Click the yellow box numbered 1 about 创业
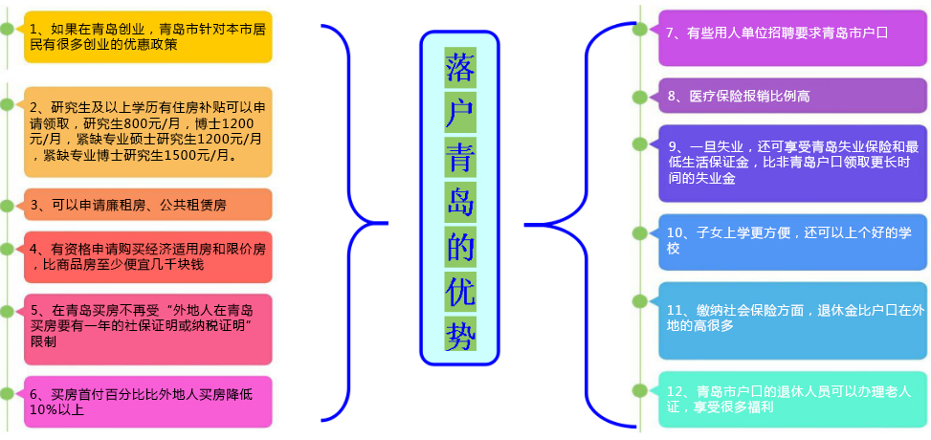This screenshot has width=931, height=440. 148,36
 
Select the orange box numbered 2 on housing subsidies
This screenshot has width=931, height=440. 148,132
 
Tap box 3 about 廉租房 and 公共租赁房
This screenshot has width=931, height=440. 148,205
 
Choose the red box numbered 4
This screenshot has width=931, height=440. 148,256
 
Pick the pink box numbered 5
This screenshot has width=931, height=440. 148,325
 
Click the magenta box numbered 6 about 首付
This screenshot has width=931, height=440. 148,401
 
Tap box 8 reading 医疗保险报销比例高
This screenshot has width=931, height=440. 792,96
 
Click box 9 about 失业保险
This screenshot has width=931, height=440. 792,163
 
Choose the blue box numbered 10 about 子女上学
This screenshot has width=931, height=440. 792,241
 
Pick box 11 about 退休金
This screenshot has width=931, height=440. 792,319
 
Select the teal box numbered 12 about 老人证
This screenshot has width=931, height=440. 792,398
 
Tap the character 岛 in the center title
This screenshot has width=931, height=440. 460,198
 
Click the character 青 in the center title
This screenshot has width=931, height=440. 460,153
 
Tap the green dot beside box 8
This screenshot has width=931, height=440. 640,97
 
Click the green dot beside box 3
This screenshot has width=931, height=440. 8,205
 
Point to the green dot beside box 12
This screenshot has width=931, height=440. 640,390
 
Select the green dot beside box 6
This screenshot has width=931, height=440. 8,393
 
